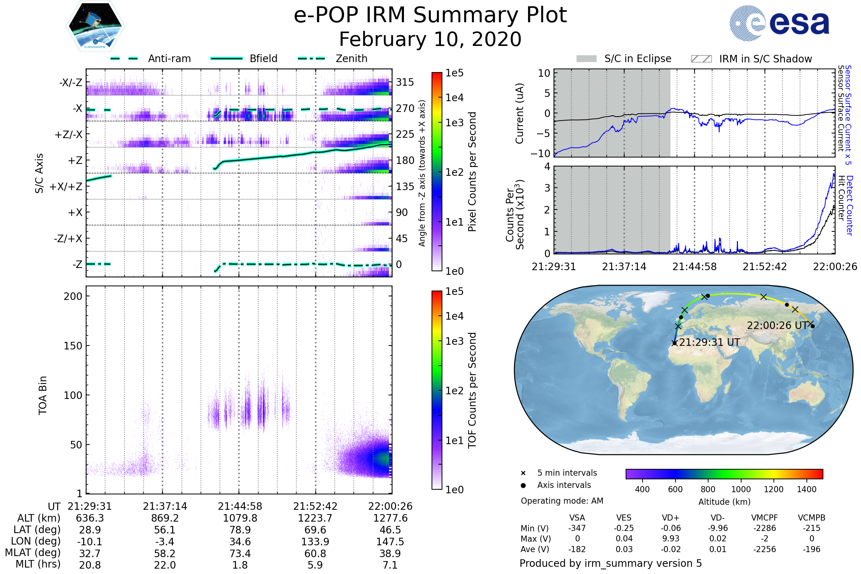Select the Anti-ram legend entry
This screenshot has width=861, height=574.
tap(169, 58)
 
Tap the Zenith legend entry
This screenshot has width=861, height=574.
tap(352, 58)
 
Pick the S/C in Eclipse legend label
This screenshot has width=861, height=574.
tap(638, 58)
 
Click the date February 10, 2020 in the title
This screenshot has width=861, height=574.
tap(430, 39)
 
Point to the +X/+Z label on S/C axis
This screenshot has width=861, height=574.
tap(66, 187)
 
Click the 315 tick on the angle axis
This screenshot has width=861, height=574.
tap(405, 82)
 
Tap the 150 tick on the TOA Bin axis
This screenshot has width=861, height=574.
tap(73, 346)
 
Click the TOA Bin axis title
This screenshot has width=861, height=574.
tap(42, 395)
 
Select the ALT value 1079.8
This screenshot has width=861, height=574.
tap(240, 518)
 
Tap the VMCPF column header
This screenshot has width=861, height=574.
tap(764, 518)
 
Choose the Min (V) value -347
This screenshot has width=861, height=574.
tap(577, 528)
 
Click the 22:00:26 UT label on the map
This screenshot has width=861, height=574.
tap(777, 325)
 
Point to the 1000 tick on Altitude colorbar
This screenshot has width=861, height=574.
tap(741, 489)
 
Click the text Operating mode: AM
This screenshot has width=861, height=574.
tap(562, 501)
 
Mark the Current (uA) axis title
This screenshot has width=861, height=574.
tap(519, 113)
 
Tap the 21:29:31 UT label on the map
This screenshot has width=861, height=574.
tap(710, 342)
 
